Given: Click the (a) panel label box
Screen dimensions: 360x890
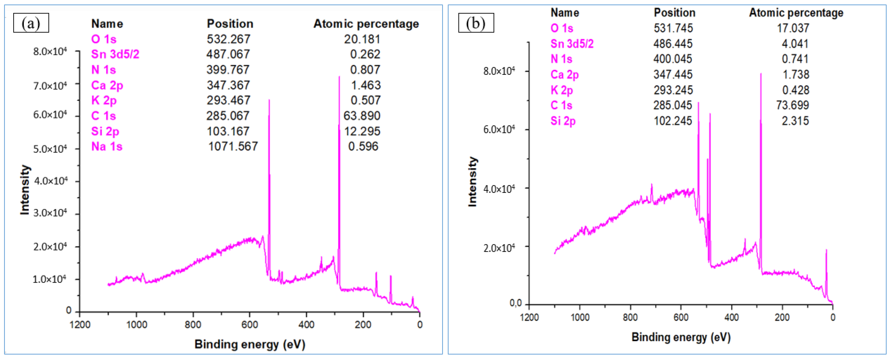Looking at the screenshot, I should (31, 23).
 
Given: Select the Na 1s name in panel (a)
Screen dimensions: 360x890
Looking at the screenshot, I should (107, 146).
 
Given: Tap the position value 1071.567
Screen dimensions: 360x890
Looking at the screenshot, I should (233, 146).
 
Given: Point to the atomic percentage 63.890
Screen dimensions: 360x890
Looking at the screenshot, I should (362, 116).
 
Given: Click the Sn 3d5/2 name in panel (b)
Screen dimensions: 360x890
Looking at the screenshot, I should (572, 44).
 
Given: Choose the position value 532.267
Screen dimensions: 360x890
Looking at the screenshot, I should (228, 39).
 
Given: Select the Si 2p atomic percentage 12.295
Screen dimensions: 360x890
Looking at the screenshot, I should (362, 131).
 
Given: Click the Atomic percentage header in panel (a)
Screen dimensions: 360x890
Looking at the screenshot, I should (366, 24).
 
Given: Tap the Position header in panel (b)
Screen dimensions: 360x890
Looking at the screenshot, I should (674, 13).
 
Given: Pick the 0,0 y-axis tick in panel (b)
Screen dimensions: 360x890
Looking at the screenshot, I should (515, 303).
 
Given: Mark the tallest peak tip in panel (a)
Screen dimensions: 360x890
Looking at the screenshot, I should (339, 77).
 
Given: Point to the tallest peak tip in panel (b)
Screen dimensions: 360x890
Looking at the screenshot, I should (761, 74).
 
